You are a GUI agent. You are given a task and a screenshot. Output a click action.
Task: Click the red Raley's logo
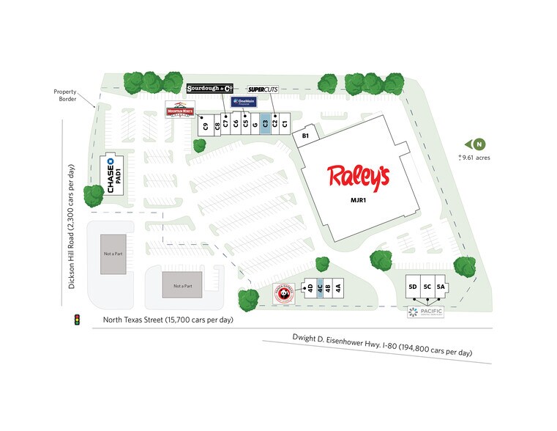[358, 177]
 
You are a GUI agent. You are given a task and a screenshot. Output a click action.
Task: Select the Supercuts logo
[263, 89]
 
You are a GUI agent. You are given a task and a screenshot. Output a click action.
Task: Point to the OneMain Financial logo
[243, 102]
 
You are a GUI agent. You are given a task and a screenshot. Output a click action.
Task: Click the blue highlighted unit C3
[265, 124]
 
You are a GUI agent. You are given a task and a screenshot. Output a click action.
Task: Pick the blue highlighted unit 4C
[320, 288]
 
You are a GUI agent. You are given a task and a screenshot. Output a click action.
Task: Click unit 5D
[413, 287]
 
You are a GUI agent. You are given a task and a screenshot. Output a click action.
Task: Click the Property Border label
[64, 95]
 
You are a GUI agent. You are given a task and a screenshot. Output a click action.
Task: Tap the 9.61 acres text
[476, 158]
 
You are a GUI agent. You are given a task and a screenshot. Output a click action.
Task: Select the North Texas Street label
[168, 320]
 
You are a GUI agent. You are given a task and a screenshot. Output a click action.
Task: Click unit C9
[206, 125]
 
